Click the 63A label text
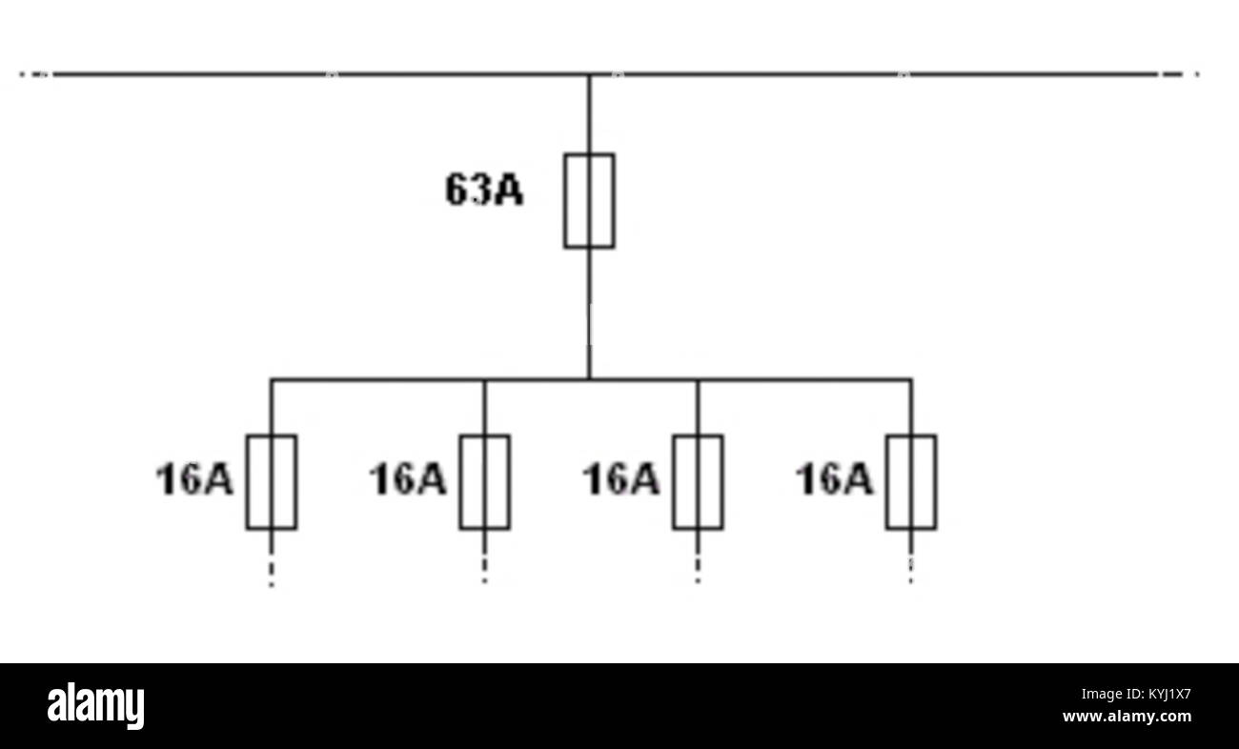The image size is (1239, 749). click(x=484, y=190)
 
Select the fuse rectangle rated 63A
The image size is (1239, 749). click(x=565, y=201)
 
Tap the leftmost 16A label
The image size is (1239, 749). click(x=194, y=479)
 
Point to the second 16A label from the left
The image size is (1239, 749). click(x=408, y=479)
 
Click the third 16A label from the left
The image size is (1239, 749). click(x=621, y=479)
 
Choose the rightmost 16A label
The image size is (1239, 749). click(x=835, y=479)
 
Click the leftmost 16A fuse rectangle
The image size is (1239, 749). click(x=247, y=482)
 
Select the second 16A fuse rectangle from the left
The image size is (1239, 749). click(x=460, y=482)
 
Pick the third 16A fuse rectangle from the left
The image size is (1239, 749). click(x=674, y=482)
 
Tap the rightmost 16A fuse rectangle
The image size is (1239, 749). click(x=886, y=482)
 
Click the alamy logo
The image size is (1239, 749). click(x=95, y=706)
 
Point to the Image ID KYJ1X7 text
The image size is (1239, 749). click(x=1136, y=694)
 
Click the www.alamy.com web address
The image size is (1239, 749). click(x=1127, y=716)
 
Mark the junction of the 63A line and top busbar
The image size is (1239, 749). click(x=589, y=74)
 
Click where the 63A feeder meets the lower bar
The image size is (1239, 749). click(x=589, y=379)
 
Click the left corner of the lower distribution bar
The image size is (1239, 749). click(x=271, y=379)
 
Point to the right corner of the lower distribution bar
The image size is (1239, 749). click(x=911, y=379)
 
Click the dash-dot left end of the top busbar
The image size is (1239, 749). click(x=36, y=74)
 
